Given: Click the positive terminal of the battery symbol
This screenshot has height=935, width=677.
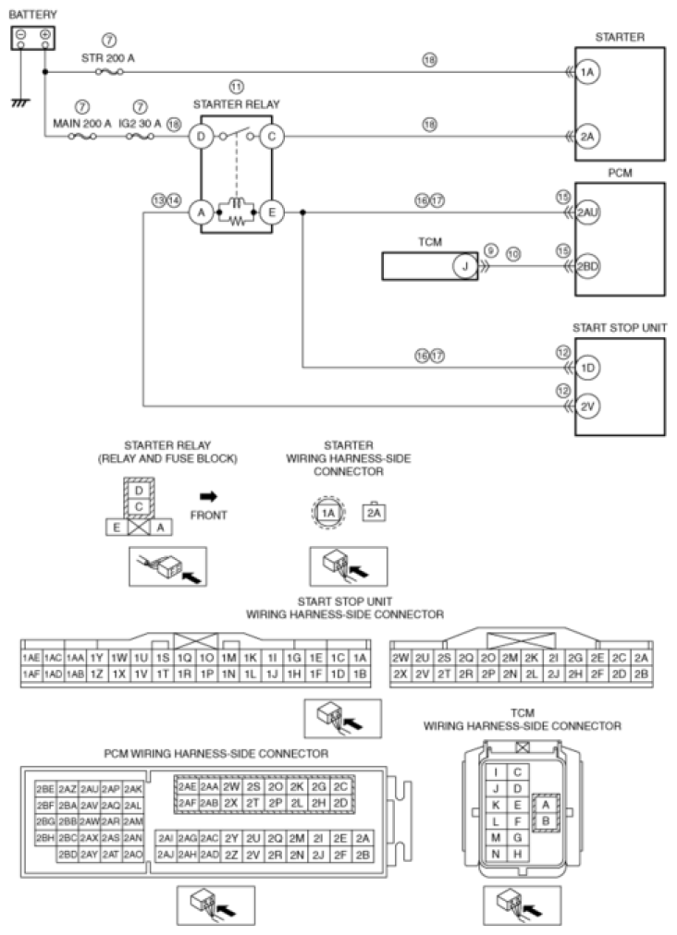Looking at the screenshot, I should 44,34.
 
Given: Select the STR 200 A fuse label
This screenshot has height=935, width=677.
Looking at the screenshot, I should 109,56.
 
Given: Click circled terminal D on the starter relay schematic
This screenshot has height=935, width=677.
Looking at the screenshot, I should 199,138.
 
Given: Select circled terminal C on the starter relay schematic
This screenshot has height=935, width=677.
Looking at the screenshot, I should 271,138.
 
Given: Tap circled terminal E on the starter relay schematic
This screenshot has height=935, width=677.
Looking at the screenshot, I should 271,212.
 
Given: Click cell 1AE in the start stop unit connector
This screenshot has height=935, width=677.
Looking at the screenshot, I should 30,658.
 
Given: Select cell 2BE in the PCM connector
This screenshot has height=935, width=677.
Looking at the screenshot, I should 44,789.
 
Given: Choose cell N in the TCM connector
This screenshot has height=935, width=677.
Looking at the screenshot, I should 497,853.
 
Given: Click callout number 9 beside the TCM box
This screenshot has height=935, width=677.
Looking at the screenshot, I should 490,249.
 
